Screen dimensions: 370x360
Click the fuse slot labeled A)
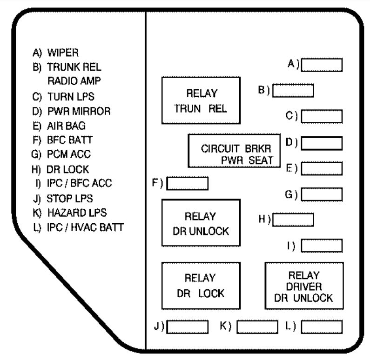click(x=322, y=65)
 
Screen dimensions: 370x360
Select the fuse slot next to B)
click(x=293, y=90)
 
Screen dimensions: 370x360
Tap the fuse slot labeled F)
click(x=188, y=183)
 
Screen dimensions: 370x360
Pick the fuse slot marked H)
click(x=293, y=220)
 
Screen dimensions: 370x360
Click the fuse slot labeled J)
click(x=188, y=327)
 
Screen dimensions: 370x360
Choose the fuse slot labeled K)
click(x=257, y=327)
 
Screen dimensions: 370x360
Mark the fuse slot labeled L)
click(x=322, y=327)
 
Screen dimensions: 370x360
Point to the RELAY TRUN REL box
click(x=201, y=100)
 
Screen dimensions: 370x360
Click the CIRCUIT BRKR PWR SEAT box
click(x=234, y=151)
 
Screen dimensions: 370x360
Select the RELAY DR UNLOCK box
click(x=201, y=223)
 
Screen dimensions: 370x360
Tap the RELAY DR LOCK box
click(x=201, y=286)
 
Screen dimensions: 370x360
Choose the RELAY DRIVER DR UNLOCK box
click(x=304, y=286)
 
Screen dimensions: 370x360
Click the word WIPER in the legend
click(x=63, y=53)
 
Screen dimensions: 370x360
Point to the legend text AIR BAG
click(x=66, y=126)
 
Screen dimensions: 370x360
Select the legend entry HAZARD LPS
click(x=77, y=213)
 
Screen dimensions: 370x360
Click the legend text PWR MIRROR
click(x=79, y=111)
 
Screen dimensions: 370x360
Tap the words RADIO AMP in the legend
click(x=74, y=81)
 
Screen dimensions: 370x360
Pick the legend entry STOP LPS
click(x=70, y=199)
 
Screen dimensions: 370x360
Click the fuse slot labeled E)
click(x=322, y=168)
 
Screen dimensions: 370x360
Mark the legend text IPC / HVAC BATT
click(x=86, y=227)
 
